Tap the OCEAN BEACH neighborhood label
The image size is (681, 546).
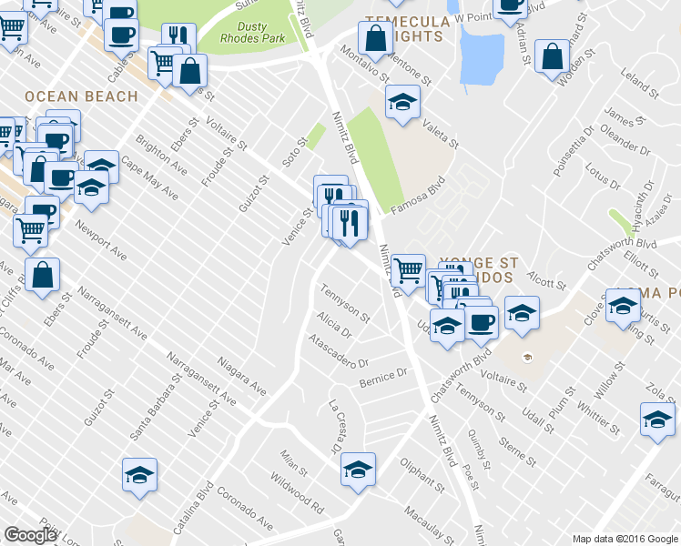point(82,96)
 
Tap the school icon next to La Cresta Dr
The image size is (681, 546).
point(359,470)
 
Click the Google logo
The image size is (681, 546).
point(30,535)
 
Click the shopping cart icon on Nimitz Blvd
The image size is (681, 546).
point(409,269)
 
